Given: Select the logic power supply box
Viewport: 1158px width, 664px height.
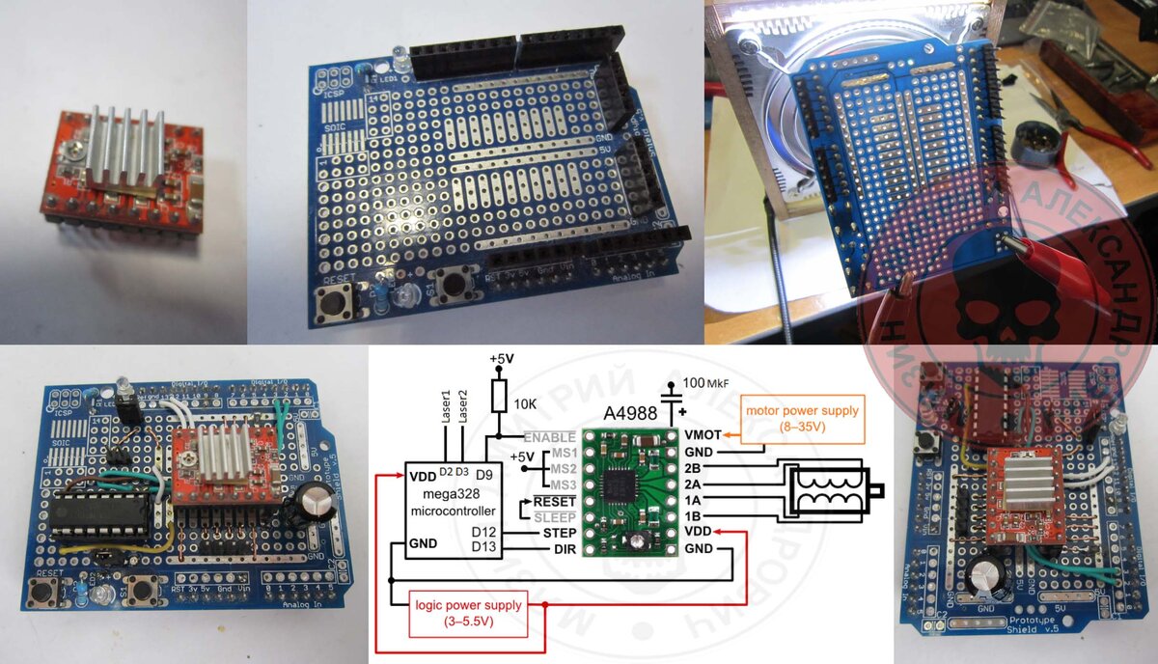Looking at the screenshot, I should pos(455,614).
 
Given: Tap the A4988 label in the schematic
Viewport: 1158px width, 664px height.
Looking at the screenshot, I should pos(631,413).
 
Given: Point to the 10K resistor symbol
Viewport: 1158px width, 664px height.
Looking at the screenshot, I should pos(498,396).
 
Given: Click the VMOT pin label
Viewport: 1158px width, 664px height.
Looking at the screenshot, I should pos(703,434).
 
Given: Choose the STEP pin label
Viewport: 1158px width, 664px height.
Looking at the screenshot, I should pos(560,532).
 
